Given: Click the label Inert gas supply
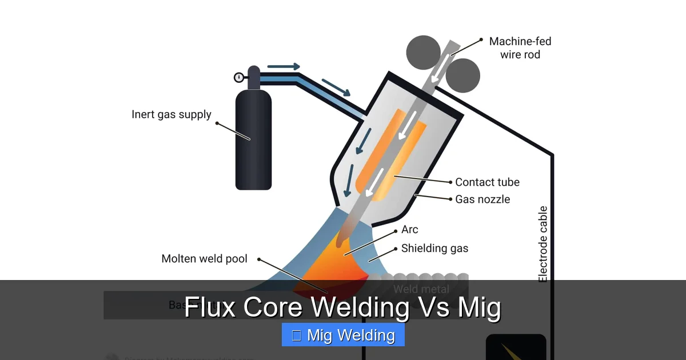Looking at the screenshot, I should coord(171,114).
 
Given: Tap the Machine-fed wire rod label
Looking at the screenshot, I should coord(520,48).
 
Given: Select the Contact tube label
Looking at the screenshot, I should coord(487,182).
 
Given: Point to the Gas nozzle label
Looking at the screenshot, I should coord(482,199).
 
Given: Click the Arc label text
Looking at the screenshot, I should coord(409,230).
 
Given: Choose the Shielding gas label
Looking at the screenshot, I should coord(434,248).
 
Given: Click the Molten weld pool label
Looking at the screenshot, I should coord(204,259).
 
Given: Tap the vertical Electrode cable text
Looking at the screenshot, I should coord(543,244).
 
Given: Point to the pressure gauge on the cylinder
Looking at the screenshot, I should coord(238,77).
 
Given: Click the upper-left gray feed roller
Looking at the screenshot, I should coord(423,53).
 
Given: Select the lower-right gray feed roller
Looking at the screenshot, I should coord(462,75).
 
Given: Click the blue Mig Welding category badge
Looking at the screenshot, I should coord(343,335).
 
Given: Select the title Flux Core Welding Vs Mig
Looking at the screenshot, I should coord(343,308).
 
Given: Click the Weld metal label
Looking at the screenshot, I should coord(421,289).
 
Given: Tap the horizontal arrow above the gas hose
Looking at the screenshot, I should coord(284,67).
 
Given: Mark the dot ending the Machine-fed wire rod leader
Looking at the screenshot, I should coord(481,40).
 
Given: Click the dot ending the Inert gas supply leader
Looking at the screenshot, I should coord(217,123).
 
